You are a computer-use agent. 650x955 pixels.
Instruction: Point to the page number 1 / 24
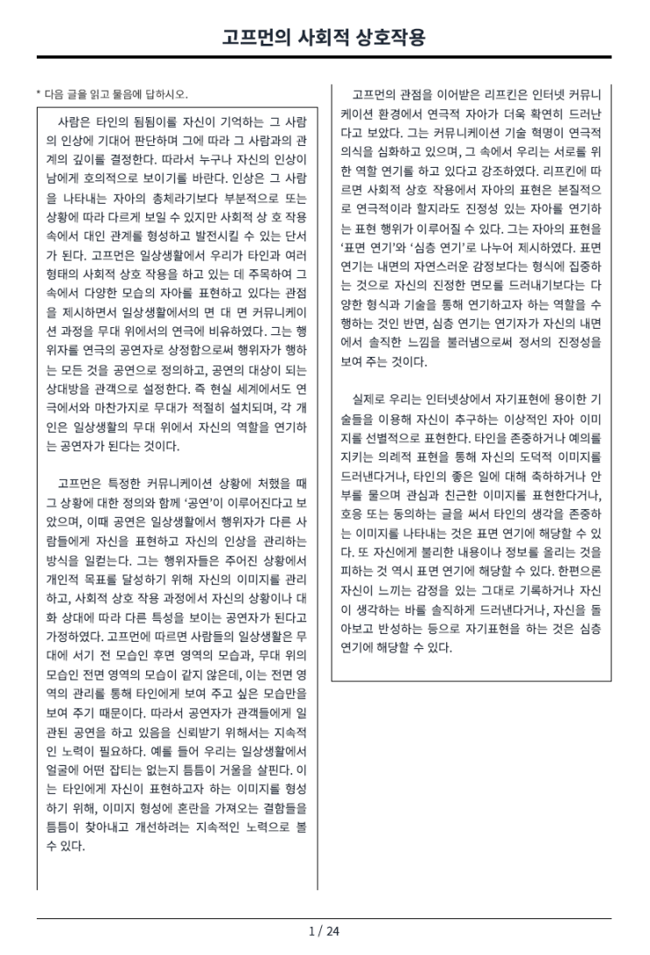click(x=325, y=931)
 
